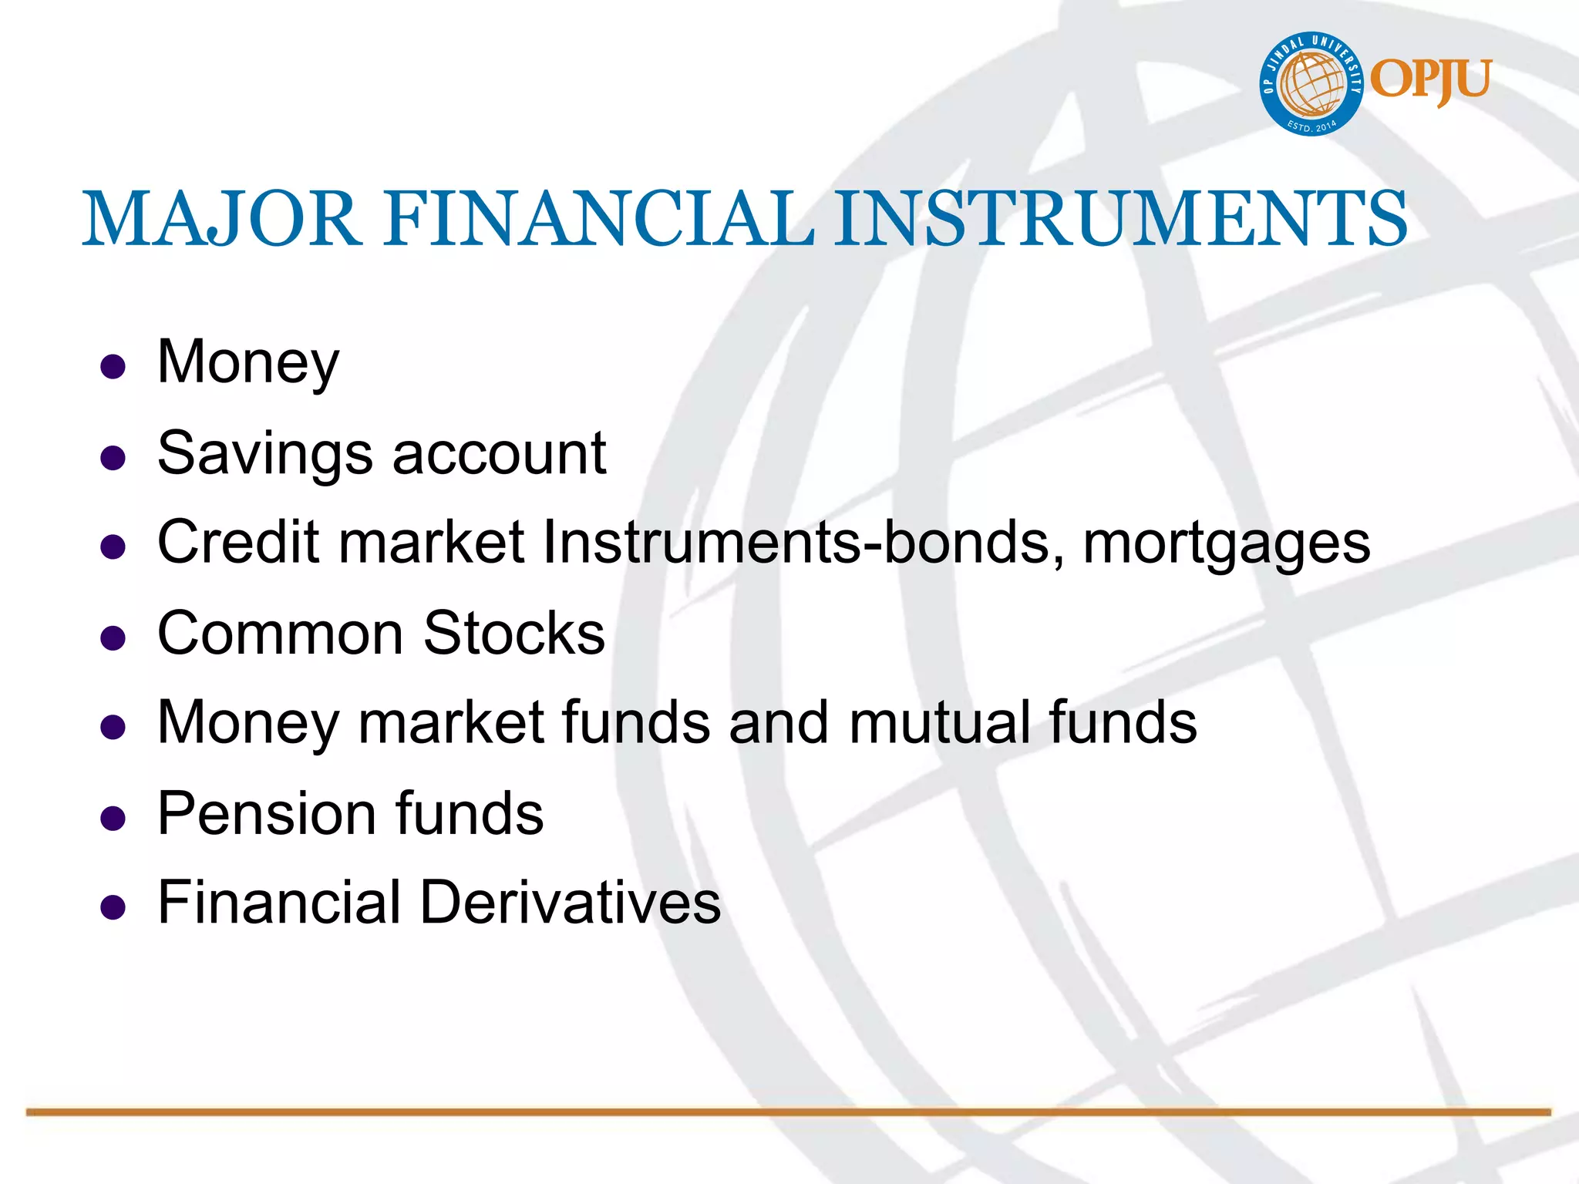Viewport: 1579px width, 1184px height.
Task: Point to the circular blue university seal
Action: point(1311,84)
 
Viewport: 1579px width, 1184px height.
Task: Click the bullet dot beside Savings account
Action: point(113,458)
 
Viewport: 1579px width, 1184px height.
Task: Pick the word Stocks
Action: point(514,634)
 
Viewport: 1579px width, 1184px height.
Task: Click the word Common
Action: point(281,634)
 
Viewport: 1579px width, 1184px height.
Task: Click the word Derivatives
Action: point(571,903)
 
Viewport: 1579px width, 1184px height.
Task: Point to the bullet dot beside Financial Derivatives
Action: point(113,907)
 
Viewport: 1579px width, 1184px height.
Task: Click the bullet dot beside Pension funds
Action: point(113,818)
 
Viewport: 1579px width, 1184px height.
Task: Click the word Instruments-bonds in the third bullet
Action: point(796,542)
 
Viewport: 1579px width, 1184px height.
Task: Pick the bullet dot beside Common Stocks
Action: point(113,637)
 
